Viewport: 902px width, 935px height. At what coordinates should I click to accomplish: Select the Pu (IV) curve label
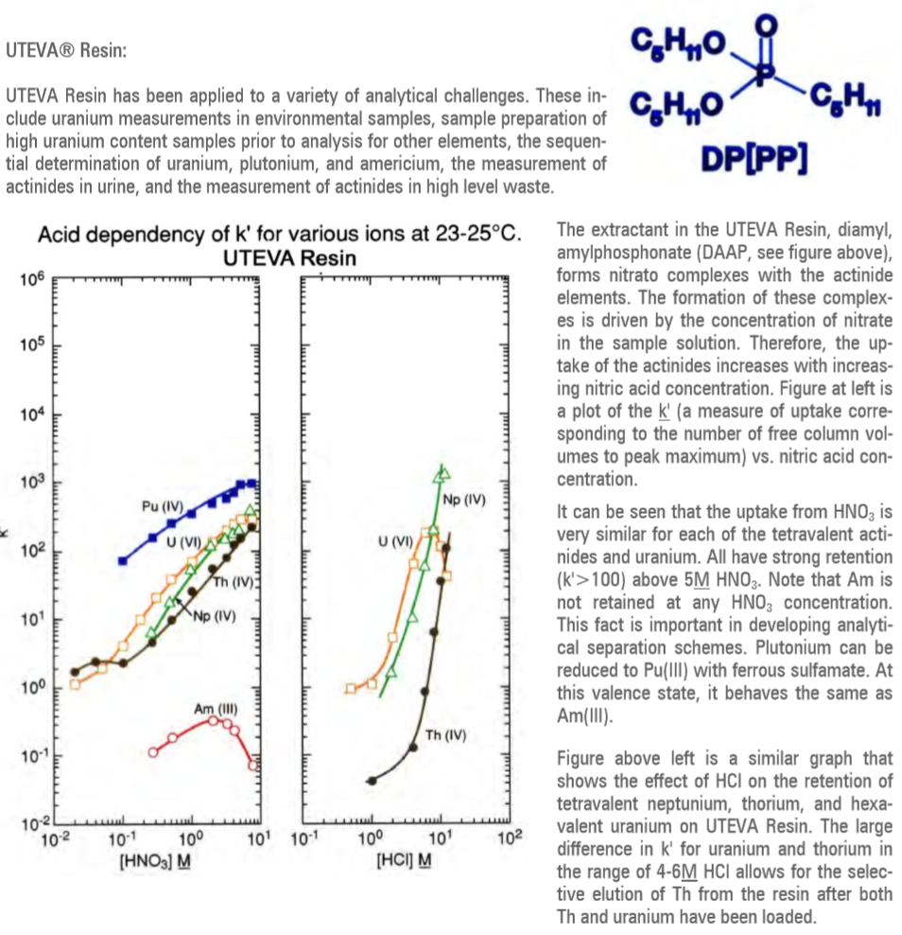[162, 506]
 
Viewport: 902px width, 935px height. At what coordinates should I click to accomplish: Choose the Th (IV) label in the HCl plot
[445, 736]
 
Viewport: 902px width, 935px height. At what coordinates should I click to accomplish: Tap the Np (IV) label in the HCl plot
[463, 499]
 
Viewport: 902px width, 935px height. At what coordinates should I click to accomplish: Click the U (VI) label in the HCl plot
[395, 542]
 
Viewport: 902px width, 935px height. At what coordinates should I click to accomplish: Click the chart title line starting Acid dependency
[280, 234]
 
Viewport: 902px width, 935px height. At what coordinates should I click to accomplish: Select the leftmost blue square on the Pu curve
[122, 561]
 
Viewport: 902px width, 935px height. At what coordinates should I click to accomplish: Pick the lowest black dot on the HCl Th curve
[372, 781]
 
